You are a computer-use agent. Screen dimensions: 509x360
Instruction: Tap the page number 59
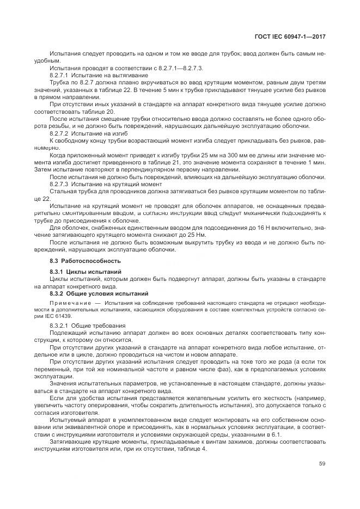(x=322, y=464)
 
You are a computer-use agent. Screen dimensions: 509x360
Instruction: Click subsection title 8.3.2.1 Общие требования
(x=80, y=325)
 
